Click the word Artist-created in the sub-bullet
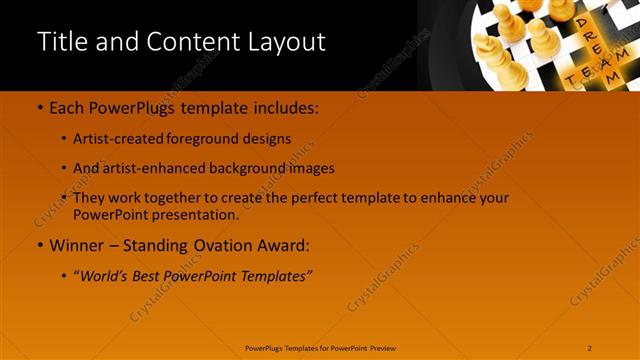point(112,139)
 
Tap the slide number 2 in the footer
point(590,348)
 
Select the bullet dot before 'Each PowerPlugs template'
point(39,107)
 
